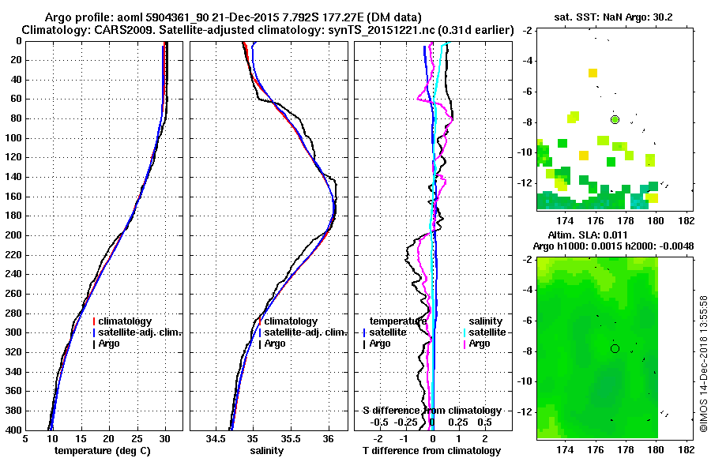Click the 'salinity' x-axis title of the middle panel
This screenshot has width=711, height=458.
268,450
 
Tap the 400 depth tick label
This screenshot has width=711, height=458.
13,430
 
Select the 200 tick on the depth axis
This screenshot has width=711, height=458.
13,235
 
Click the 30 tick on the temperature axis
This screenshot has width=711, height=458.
165,438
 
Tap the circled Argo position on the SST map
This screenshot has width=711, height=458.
615,119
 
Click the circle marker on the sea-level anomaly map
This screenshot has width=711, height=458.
615,348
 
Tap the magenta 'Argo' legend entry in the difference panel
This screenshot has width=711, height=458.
480,343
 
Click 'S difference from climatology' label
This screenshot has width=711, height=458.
431,411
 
